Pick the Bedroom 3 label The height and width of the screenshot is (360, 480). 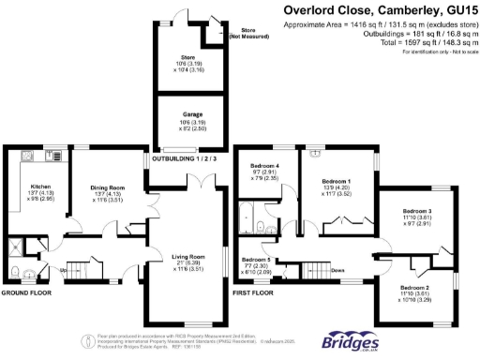415,212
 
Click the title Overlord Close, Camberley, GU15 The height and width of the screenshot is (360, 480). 381,11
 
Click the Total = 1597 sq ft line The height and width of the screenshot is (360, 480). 422,43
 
